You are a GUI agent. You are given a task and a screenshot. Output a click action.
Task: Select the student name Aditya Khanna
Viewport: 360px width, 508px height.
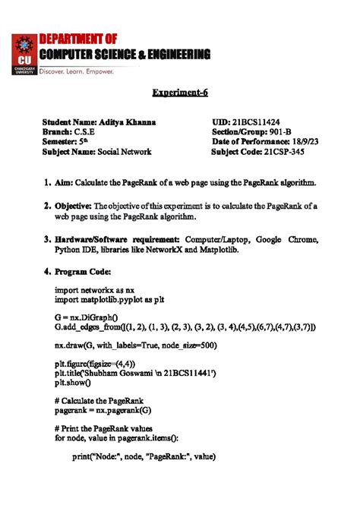click(135, 121)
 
